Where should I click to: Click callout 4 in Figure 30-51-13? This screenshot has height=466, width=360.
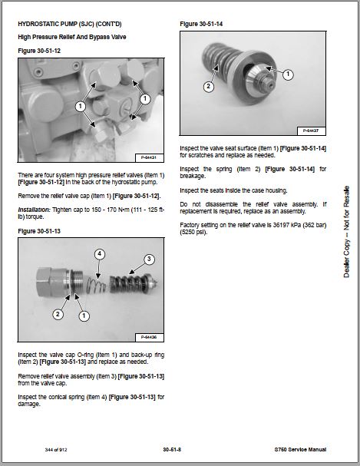tap(100, 254)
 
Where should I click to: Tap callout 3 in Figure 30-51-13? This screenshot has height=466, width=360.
tap(149, 259)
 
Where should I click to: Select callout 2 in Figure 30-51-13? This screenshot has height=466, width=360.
tap(58, 314)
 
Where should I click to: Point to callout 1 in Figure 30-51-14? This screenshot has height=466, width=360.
tap(288, 74)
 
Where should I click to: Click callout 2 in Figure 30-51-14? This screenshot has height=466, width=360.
tap(209, 87)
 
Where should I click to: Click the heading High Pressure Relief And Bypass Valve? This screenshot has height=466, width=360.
tap(72, 37)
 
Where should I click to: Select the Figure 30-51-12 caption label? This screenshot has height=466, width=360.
tap(39, 51)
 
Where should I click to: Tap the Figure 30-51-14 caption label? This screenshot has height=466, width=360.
tap(201, 24)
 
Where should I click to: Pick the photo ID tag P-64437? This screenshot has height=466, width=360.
tap(311, 131)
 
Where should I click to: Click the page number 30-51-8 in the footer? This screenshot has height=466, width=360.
tap(172, 449)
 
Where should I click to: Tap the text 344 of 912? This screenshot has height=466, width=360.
tap(56, 450)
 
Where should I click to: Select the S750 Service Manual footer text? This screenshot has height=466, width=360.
tap(300, 449)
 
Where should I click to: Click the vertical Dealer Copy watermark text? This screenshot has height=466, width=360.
tap(346, 232)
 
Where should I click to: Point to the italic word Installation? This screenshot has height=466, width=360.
tap(33, 210)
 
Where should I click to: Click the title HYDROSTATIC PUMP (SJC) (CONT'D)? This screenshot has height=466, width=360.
tap(70, 24)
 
